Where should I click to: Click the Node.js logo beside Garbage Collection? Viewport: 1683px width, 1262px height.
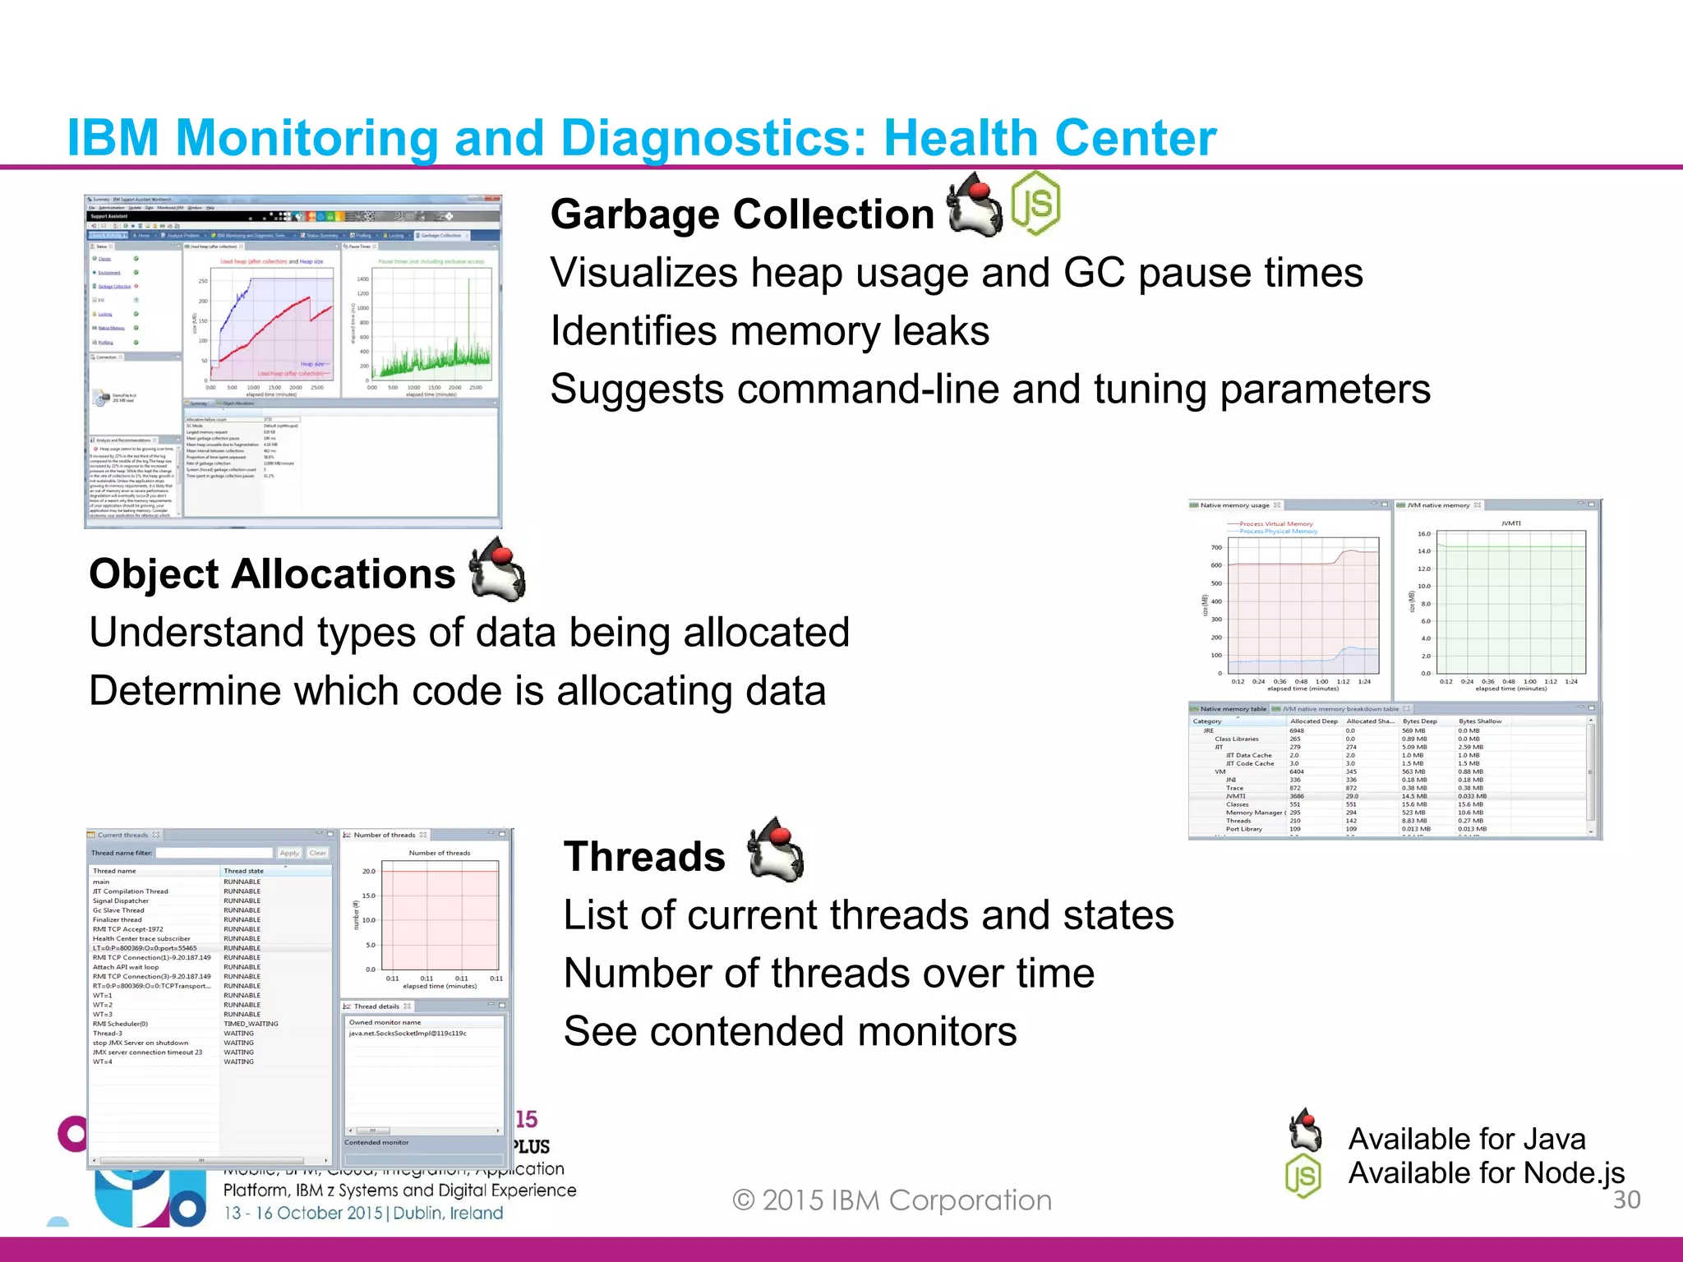1035,203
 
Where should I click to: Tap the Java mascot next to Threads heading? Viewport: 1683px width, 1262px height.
775,850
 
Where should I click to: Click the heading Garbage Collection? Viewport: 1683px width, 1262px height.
742,214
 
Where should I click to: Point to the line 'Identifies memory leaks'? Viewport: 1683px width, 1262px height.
769,331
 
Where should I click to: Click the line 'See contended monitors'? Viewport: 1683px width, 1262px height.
790,1031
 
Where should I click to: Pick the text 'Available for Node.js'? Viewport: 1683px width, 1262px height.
1486,1172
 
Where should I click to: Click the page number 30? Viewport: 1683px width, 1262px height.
1626,1200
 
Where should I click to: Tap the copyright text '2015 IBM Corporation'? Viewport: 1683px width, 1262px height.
906,1200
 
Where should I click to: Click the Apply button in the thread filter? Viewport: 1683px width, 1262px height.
289,853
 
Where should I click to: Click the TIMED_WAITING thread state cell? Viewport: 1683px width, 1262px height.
251,1024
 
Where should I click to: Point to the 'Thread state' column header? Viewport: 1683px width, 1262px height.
244,871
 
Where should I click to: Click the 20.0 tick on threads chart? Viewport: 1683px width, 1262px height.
369,871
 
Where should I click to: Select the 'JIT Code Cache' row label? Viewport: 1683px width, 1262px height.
1249,763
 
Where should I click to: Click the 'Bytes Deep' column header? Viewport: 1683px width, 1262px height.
1419,721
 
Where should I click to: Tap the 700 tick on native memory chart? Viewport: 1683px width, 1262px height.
1216,547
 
